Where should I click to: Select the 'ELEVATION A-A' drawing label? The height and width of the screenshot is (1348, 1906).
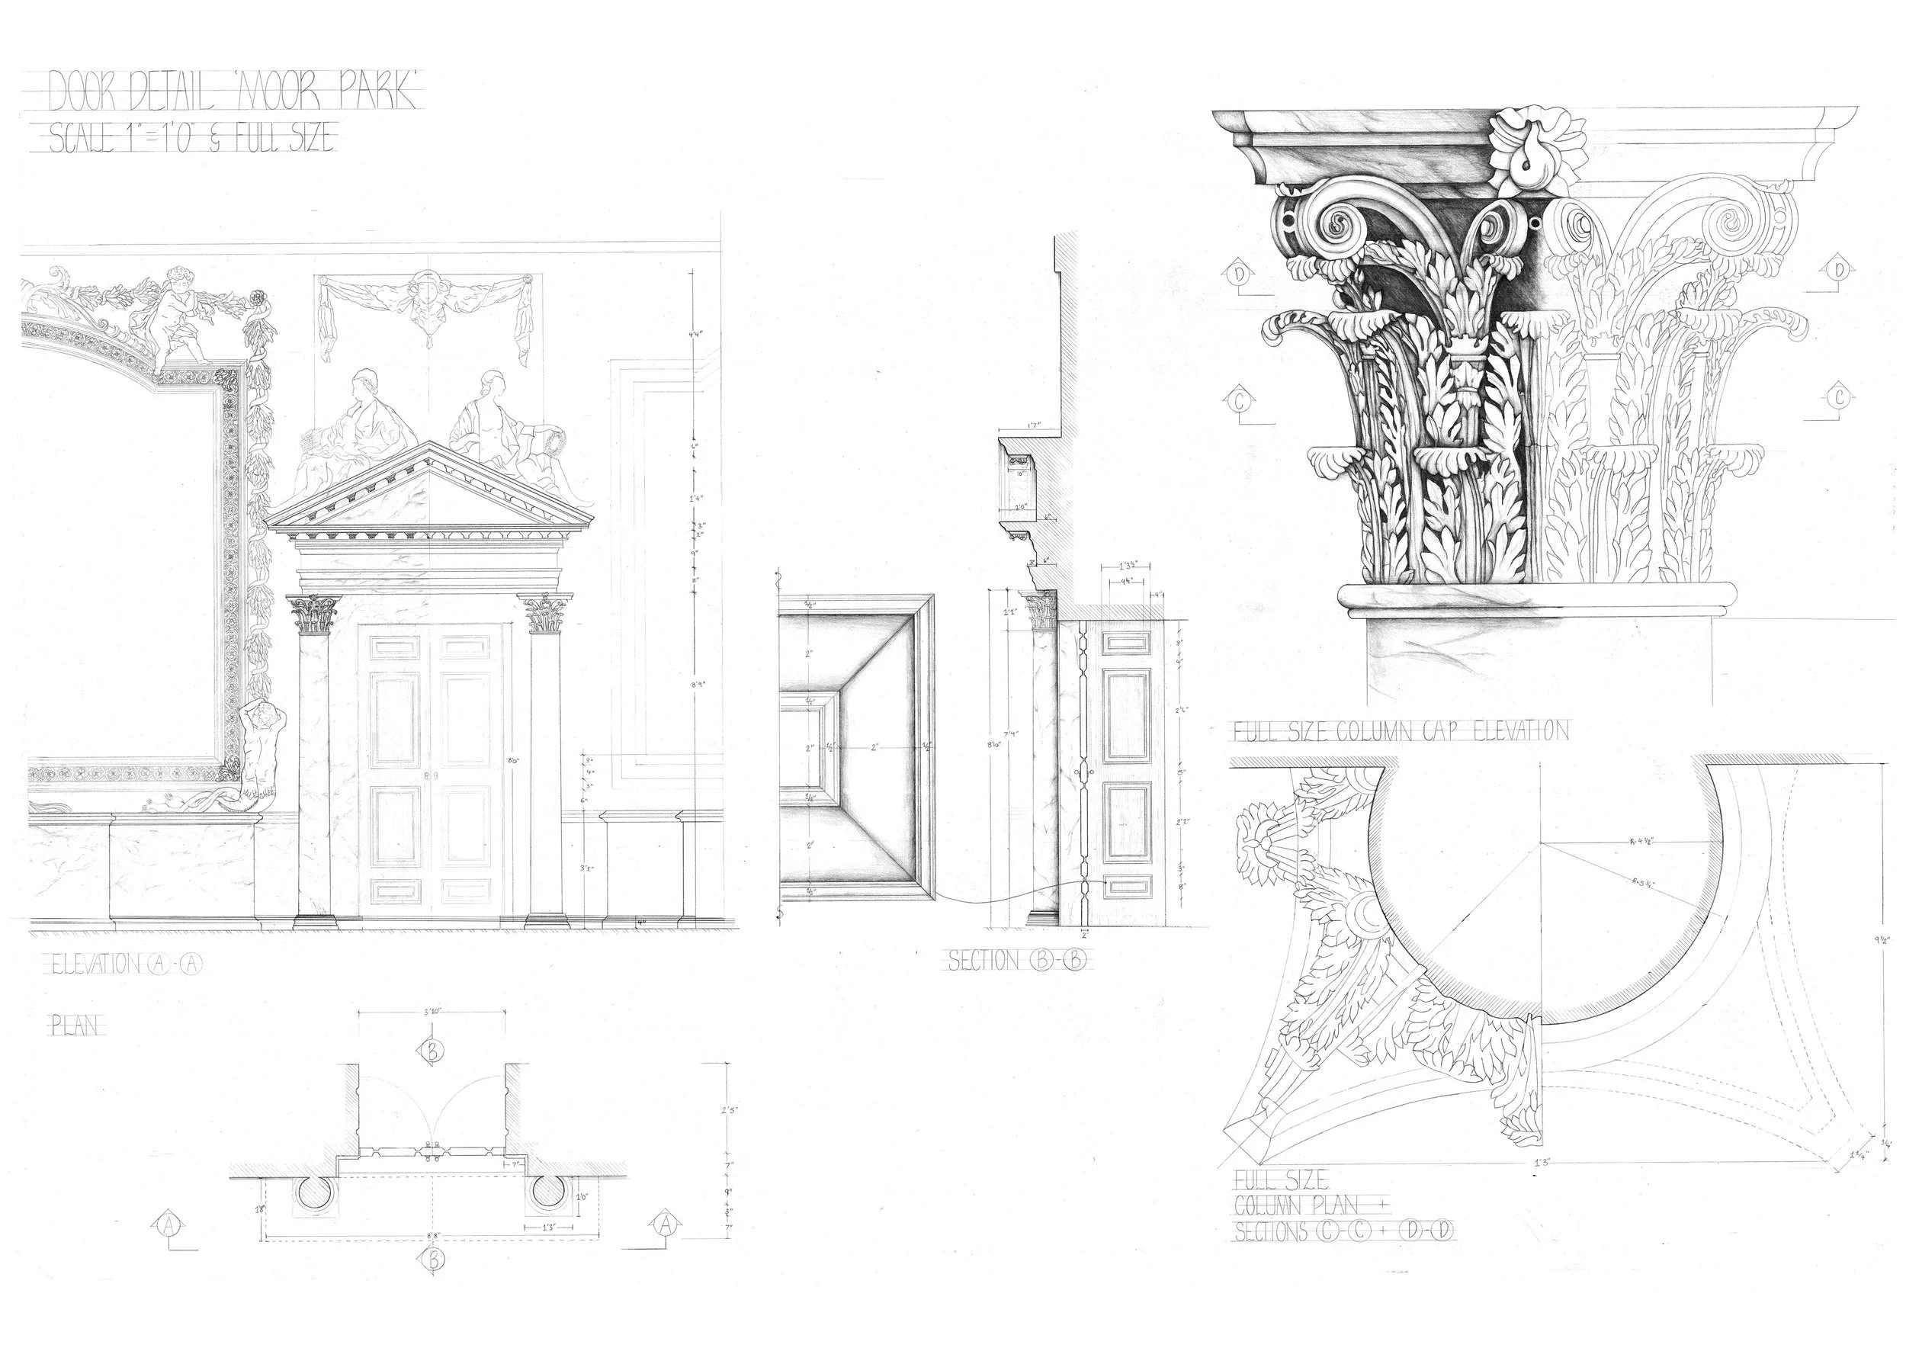point(124,964)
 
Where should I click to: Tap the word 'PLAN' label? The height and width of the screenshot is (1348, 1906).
point(75,1026)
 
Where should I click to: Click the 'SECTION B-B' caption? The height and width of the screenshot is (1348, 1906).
point(1017,961)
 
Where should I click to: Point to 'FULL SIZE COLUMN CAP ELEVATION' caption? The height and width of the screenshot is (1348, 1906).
point(1401,730)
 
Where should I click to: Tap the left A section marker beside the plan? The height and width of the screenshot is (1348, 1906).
point(169,1224)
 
